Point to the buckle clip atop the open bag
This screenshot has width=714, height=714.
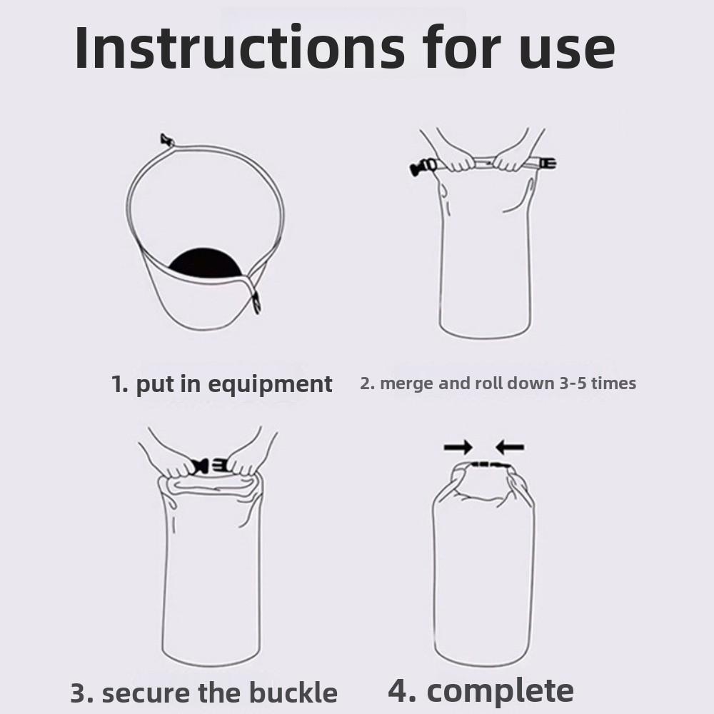tap(168, 139)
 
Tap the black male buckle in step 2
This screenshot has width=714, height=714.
tap(422, 169)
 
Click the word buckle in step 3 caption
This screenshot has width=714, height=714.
tap(293, 693)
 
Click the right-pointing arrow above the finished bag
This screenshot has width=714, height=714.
tap(458, 448)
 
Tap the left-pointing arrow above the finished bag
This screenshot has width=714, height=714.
tap(510, 448)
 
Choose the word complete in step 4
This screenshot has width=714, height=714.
tap(500, 690)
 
